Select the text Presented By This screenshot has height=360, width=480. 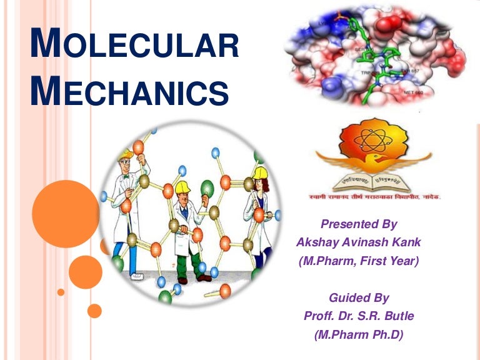point(358,224)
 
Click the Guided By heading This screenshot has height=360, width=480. point(358,298)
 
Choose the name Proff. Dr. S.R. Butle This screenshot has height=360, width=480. point(359,316)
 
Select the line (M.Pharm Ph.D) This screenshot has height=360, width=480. point(359,335)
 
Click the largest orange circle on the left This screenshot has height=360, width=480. point(66,214)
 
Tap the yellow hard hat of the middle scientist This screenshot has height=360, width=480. point(182,187)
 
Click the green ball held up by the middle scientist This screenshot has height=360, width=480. point(207,187)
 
